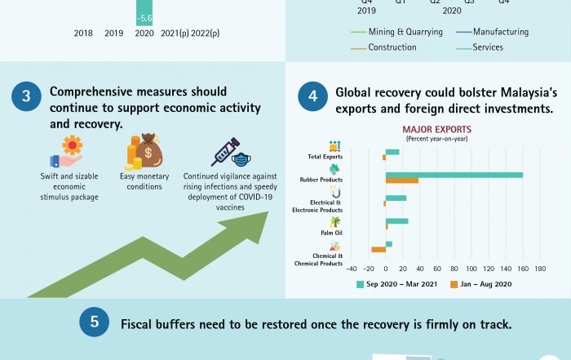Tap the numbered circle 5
pyautogui.click(x=95, y=323)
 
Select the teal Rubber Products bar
pyautogui.click(x=454, y=174)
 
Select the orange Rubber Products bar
pyautogui.click(x=402, y=180)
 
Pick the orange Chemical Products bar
pyautogui.click(x=378, y=250)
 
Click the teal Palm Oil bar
pyautogui.click(x=396, y=220)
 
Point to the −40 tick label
pyautogui.click(x=352, y=268)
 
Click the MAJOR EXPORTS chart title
pyautogui.click(x=436, y=129)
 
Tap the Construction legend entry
pyautogui.click(x=387, y=47)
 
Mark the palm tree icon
pyautogui.click(x=334, y=221)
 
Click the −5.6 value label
pyautogui.click(x=145, y=18)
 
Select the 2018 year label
pyautogui.click(x=83, y=33)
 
